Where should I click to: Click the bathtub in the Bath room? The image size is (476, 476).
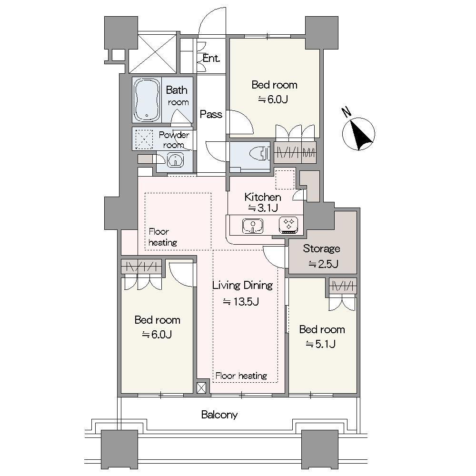point(147,100)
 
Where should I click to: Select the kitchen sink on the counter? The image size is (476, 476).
point(253,226)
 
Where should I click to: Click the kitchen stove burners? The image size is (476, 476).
point(288,225)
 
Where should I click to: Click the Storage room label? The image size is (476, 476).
point(321,248)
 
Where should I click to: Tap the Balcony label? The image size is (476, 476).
point(219,415)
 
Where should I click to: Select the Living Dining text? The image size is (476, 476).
point(242,285)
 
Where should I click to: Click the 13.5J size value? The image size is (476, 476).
point(241,301)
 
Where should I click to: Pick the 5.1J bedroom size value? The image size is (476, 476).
point(320,344)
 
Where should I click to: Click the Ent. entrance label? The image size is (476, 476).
point(211,58)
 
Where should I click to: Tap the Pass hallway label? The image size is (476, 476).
point(211,114)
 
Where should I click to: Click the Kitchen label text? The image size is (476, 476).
point(263,197)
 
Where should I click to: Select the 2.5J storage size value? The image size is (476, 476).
point(323,264)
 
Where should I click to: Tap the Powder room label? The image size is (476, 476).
point(174,139)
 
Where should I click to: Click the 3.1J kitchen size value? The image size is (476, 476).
point(263,208)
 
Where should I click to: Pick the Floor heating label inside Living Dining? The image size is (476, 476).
point(241,376)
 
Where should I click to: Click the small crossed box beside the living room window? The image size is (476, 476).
point(201,387)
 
